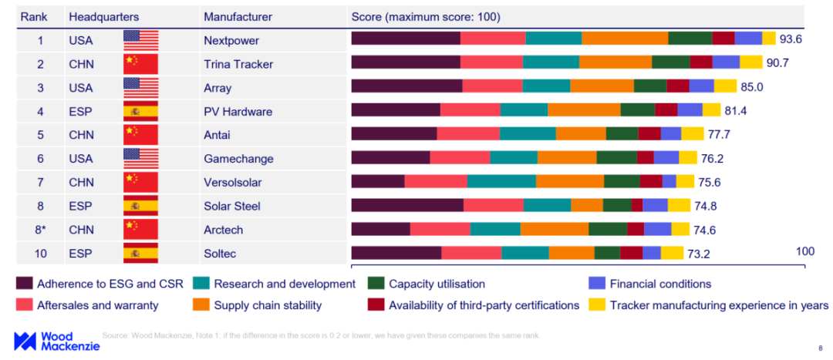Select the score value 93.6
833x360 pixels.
791,39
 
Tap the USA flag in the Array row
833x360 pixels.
140,87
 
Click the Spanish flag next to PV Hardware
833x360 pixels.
140,111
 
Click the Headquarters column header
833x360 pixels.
103,16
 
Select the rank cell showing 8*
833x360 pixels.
40,230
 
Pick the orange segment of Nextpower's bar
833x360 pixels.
625,39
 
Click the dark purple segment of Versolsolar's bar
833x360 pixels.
378,181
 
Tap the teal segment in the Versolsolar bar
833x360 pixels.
501,181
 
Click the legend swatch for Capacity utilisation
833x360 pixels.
376,284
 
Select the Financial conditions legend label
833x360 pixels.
660,284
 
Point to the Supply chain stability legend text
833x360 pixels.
268,305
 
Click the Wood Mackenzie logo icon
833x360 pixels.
26,341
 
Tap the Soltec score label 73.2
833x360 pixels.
700,254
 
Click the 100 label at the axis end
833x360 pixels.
804,251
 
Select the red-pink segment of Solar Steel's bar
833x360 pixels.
494,205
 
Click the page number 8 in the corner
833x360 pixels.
819,348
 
